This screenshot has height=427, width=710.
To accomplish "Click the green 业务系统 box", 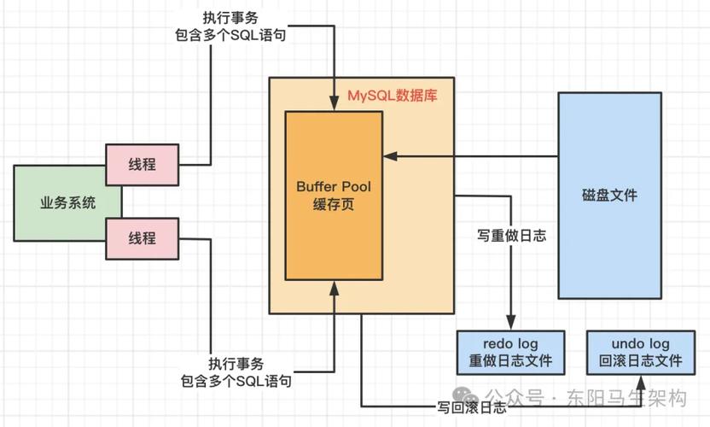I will pos(67,203).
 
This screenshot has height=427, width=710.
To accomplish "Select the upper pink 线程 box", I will pos(143,165).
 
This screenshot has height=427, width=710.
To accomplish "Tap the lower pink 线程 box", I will pos(143,238).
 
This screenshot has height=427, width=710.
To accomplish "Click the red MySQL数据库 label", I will pos(392,96).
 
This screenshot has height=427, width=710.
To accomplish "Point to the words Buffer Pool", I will pos(334,186).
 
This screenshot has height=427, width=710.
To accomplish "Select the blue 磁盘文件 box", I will pos(609,195).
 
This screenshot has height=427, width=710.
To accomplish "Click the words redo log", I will pos(510,342).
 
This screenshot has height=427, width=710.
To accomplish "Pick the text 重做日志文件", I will pos(510,360).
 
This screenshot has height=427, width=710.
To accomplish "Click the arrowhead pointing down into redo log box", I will pos(510,325).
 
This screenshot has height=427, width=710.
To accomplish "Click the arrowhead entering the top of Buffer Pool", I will pos(334,105).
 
